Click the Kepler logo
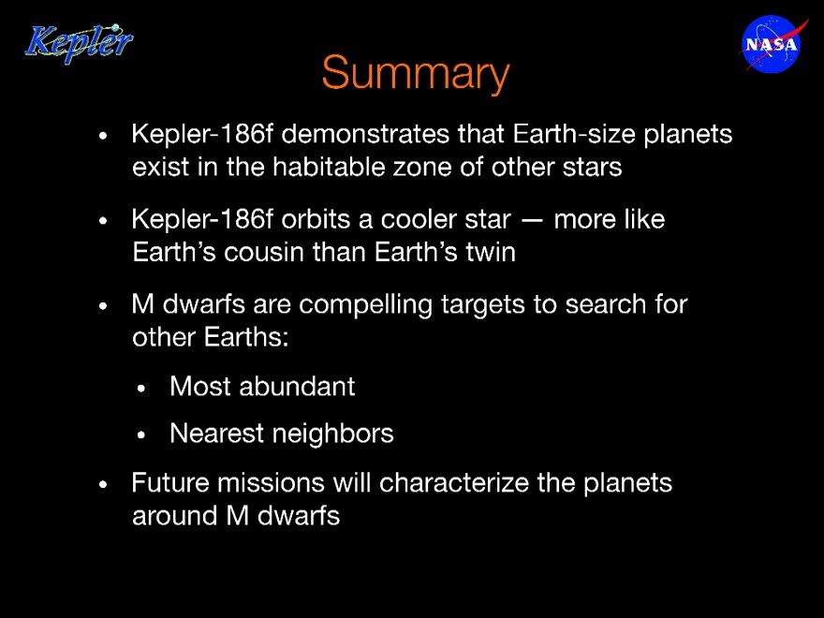[79, 43]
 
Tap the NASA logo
[772, 44]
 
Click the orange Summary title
[416, 74]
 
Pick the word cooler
[446, 219]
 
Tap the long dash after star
[532, 221]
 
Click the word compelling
[366, 306]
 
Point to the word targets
[483, 306]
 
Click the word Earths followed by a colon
[246, 337]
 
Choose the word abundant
[297, 387]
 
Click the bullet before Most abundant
[140, 389]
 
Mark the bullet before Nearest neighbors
[140, 435]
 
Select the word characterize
[454, 483]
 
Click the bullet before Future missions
[103, 484]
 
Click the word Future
[170, 483]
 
